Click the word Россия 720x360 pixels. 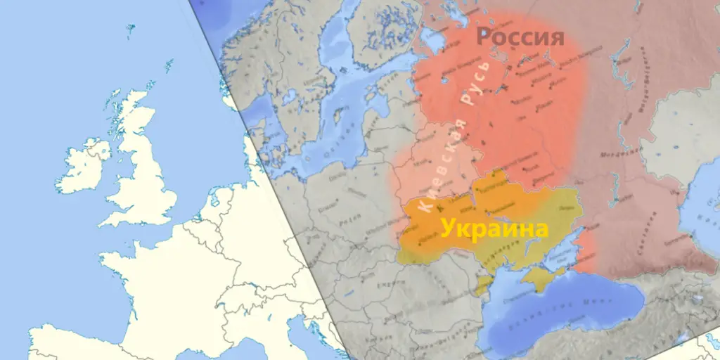coord(520,37)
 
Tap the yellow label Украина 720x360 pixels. coord(494,229)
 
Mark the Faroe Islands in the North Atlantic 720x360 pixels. coord(130,29)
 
